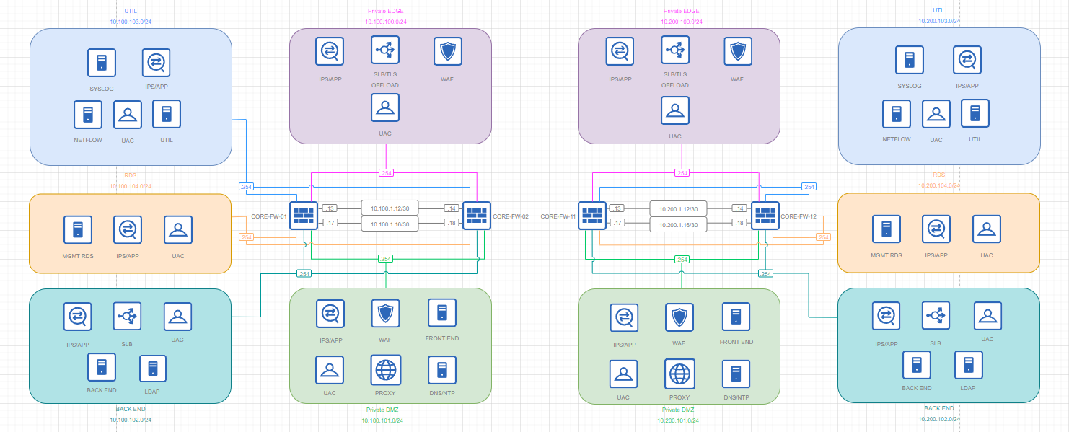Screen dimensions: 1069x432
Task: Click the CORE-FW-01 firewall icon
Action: click(304, 216)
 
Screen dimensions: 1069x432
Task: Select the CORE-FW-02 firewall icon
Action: click(477, 216)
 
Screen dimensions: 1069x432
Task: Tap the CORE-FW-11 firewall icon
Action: click(592, 216)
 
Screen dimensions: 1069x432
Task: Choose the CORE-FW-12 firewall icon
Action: click(765, 216)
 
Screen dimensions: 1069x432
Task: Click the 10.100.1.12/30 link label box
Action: click(390, 208)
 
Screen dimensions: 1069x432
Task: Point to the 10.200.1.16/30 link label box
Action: click(678, 225)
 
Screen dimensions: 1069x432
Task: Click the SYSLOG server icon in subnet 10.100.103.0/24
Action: click(102, 63)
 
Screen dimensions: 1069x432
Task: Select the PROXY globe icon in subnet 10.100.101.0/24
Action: click(386, 370)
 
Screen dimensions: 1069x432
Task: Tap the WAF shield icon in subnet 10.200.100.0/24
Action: click(738, 51)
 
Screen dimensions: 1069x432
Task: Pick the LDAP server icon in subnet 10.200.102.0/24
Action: click(968, 365)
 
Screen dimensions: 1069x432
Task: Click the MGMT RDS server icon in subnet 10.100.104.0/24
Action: click(78, 229)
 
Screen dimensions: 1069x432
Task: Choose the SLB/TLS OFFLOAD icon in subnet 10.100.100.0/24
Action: click(385, 50)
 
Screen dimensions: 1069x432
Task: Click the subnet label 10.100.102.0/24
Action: click(131, 420)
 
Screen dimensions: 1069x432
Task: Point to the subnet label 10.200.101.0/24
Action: click(678, 420)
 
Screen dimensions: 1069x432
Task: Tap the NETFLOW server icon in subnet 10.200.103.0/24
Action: click(897, 114)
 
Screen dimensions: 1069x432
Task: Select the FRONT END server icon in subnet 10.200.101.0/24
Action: click(736, 317)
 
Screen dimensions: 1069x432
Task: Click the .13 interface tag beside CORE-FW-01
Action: click(330, 208)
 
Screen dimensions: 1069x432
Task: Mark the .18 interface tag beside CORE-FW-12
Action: click(739, 222)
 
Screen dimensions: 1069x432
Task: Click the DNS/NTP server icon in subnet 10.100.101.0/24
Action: click(442, 370)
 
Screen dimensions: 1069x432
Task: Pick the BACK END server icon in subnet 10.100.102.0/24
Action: click(102, 367)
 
